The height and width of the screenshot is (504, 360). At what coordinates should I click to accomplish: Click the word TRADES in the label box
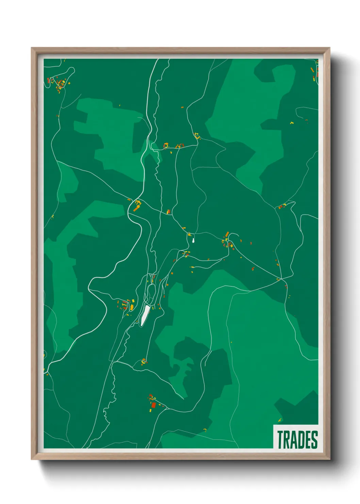pyautogui.click(x=297, y=440)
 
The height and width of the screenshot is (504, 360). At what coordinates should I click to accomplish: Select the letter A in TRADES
pyautogui.click(x=294, y=440)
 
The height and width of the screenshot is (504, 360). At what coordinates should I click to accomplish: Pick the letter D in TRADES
pyautogui.click(x=301, y=440)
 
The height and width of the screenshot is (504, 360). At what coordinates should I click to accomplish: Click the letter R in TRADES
pyautogui.click(x=287, y=440)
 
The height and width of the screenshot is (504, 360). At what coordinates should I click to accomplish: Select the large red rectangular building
pyautogui.click(x=153, y=405)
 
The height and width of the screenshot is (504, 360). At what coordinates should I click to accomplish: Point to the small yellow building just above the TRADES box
pyautogui.click(x=280, y=420)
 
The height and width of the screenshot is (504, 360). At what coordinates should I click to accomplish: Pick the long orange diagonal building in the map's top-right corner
pyautogui.click(x=312, y=70)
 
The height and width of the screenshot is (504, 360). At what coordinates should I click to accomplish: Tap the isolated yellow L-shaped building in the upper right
pyautogui.click(x=292, y=123)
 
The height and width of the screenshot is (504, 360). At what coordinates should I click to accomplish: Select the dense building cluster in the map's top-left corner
pyautogui.click(x=60, y=84)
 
